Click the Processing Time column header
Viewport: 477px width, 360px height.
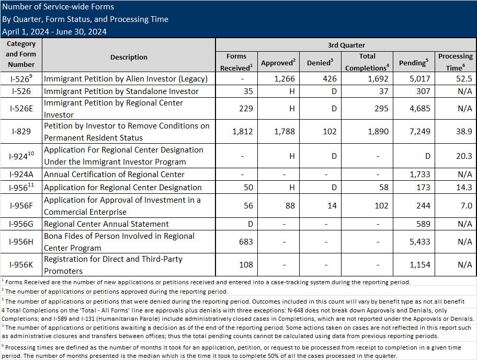[455, 62]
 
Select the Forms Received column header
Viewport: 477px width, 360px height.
[236, 62]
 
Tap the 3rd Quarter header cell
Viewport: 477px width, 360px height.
[346, 45]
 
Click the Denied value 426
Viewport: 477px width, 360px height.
[330, 79]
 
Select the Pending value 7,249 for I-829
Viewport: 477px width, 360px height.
[413, 132]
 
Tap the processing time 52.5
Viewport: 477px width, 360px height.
[464, 79]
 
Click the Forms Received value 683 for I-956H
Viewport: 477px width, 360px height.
[245, 242]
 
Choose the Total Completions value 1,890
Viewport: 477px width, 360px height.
[376, 132]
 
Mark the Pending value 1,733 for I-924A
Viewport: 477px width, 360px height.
[413, 175]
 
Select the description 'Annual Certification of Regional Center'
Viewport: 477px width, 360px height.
[114, 175]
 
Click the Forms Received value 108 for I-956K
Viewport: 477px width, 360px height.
[245, 265]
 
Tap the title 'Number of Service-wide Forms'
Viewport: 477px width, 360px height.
[58, 7]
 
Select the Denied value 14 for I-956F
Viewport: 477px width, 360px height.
[332, 206]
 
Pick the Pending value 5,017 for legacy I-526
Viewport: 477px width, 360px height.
[413, 79]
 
